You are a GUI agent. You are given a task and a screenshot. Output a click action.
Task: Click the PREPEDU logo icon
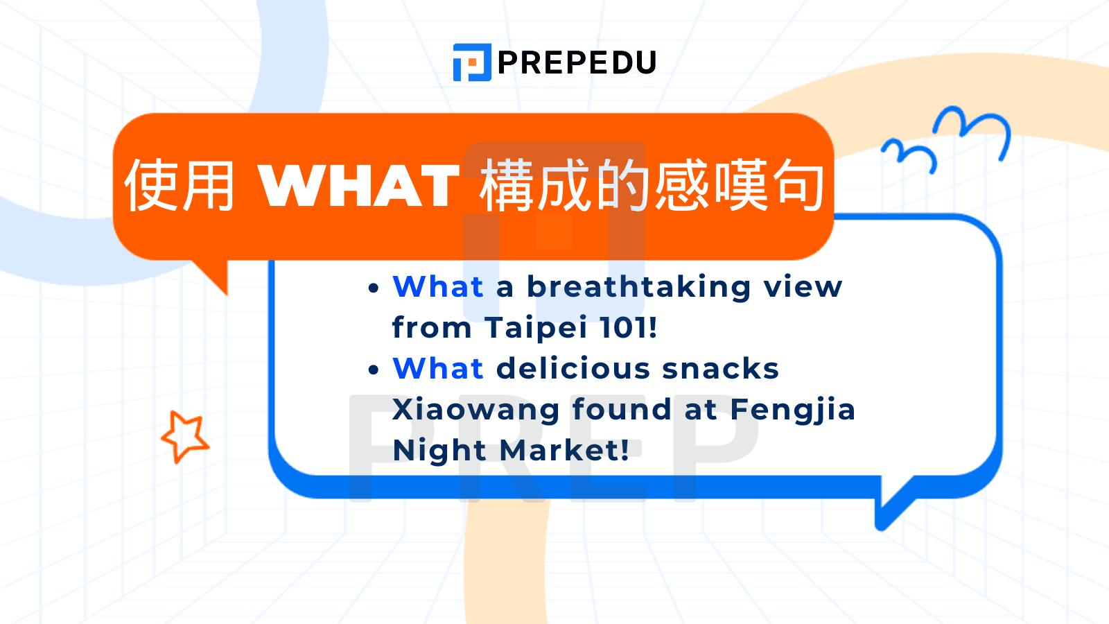(x=472, y=62)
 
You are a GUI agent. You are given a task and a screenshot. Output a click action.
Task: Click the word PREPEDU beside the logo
(x=577, y=63)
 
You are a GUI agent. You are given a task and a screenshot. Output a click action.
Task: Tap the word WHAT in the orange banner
(x=359, y=186)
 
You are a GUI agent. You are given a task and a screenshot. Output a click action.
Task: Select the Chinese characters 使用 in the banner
(x=180, y=186)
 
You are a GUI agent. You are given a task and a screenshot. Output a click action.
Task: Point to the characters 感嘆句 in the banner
(x=739, y=186)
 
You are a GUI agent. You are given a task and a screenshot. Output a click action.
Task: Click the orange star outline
(x=185, y=436)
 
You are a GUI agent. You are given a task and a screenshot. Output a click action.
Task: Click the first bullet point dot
(x=374, y=288)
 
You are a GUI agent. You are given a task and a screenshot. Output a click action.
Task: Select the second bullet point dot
(x=374, y=370)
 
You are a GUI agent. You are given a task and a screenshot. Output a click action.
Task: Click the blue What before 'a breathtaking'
(x=438, y=287)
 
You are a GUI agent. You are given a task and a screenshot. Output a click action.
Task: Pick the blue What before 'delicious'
(x=438, y=369)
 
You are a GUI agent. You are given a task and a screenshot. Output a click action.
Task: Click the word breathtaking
(x=638, y=287)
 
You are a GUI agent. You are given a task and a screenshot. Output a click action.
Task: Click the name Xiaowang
(x=475, y=410)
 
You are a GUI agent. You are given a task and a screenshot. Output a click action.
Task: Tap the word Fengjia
(x=792, y=410)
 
